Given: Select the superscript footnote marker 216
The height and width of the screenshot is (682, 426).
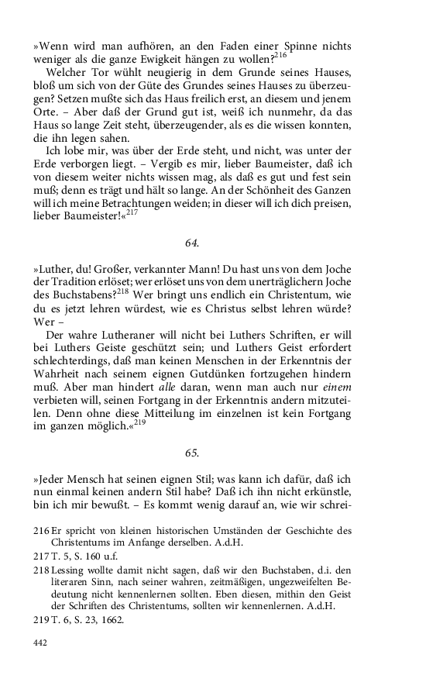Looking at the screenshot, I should click(x=280, y=54).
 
